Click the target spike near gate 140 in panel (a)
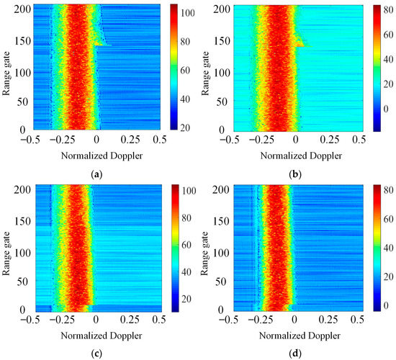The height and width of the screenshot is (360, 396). pyautogui.click(x=102, y=45)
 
